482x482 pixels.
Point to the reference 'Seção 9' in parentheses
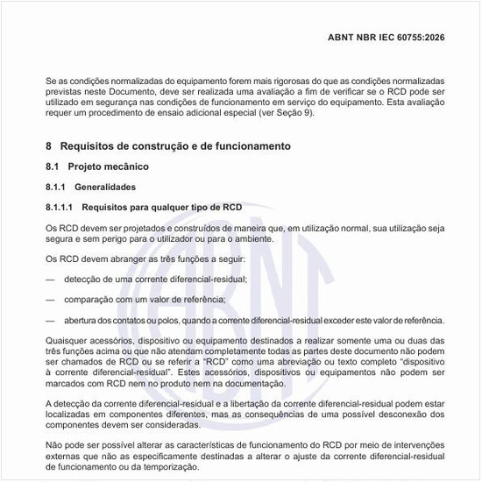tap(294, 113)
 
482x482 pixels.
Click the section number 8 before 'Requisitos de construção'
tap(49, 145)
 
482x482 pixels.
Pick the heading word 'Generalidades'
tap(105, 187)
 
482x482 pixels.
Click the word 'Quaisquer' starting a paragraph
tap(67, 340)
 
